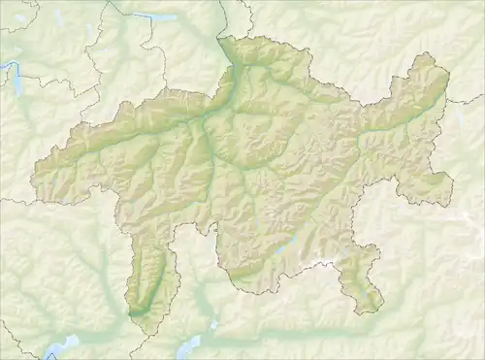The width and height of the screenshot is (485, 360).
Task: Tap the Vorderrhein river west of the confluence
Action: pos(145,136)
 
